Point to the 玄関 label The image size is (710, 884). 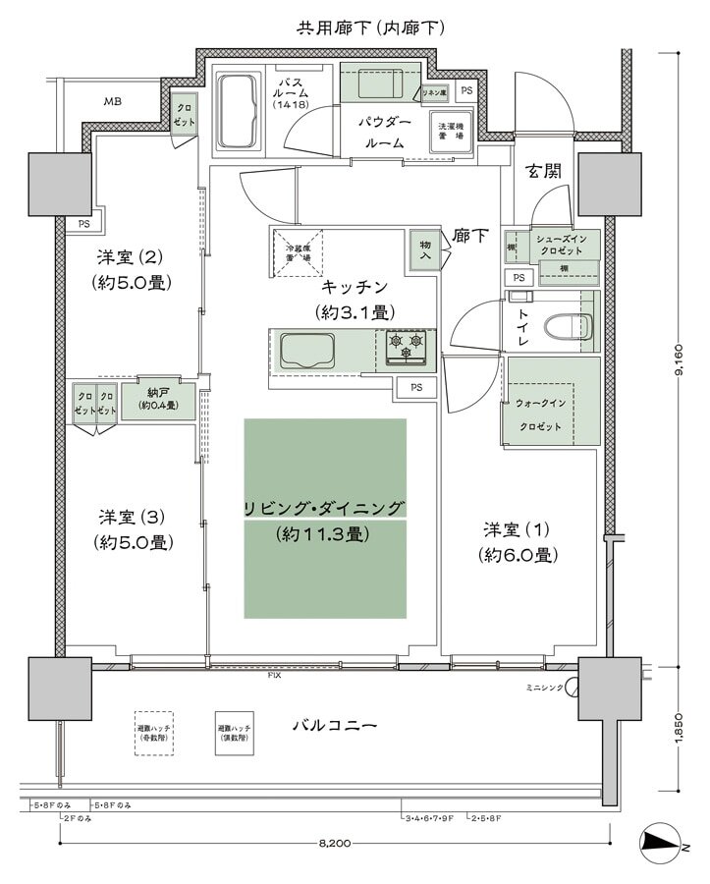[x=543, y=170]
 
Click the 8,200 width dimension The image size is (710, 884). [x=336, y=844]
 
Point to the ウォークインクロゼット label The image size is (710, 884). [x=538, y=414]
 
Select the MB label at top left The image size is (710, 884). [x=113, y=101]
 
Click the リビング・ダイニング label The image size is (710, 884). [x=325, y=508]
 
